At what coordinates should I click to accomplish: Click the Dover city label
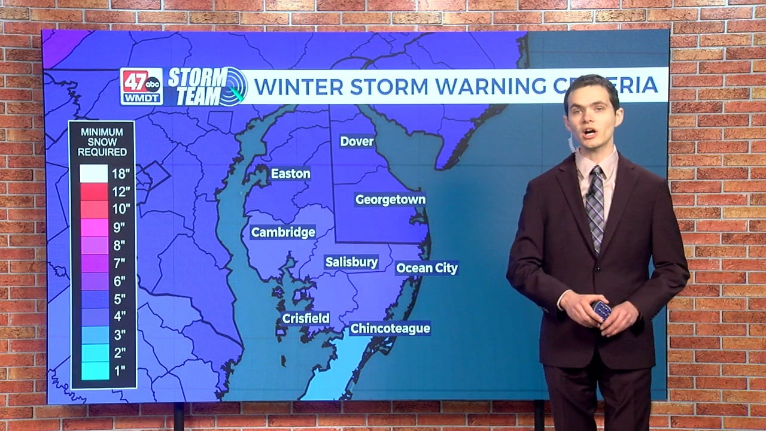[357, 141]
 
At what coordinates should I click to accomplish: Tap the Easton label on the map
[291, 174]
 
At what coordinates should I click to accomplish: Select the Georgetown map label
[390, 199]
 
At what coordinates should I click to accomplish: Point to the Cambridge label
[283, 232]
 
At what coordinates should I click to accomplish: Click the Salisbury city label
[351, 262]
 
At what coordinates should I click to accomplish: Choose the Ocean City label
[427, 268]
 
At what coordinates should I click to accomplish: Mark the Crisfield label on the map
[306, 318]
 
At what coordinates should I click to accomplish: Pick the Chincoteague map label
[390, 328]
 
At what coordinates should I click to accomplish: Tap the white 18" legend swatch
[95, 174]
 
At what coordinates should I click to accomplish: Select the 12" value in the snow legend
[120, 192]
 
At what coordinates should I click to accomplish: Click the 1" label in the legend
[119, 371]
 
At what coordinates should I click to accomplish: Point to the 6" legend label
[119, 281]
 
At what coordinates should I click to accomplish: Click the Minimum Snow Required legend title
[102, 142]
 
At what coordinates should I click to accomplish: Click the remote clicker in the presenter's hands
[601, 310]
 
